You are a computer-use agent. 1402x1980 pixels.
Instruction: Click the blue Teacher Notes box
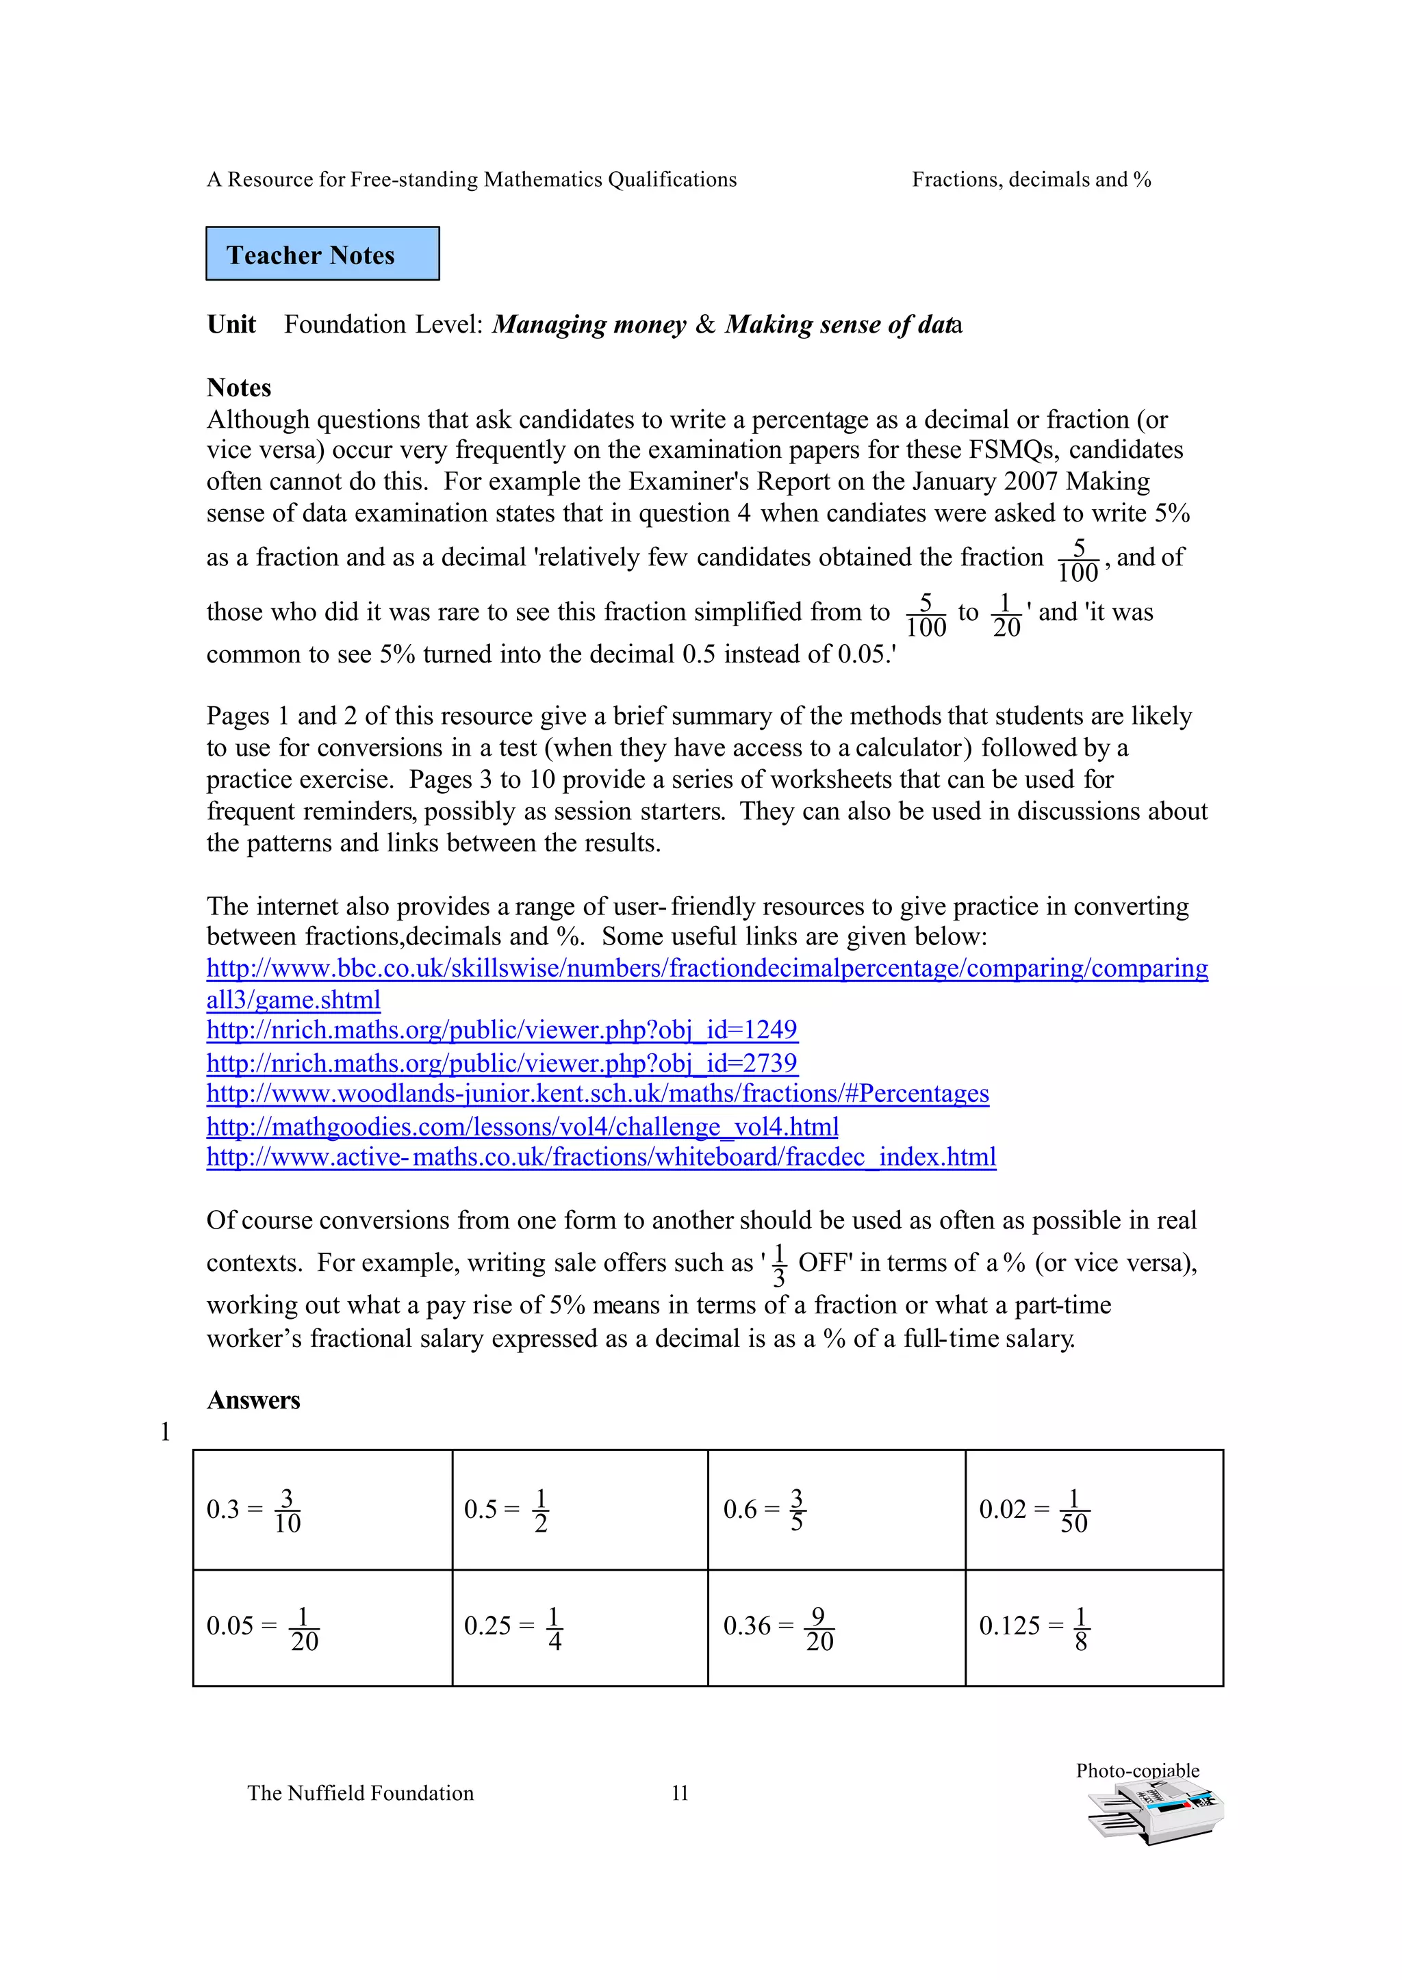[322, 254]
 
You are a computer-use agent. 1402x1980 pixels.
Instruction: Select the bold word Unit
[231, 324]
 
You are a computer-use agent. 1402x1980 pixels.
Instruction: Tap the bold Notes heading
[239, 387]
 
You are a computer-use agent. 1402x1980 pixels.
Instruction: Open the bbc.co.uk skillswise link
[706, 968]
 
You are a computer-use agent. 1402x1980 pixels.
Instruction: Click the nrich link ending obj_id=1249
[502, 1030]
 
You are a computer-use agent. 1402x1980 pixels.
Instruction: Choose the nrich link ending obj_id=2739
[502, 1062]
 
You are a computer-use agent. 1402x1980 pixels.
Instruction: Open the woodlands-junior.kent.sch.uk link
[598, 1094]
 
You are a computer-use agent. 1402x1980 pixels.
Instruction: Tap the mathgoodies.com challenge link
[522, 1127]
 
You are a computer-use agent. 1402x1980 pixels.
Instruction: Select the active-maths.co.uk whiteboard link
[601, 1157]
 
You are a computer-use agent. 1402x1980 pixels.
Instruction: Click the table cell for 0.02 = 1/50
[1093, 1510]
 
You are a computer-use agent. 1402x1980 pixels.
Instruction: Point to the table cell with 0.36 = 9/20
[836, 1627]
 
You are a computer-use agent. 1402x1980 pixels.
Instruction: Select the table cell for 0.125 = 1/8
[1093, 1627]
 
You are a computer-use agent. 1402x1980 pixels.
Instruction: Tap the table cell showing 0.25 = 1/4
[579, 1627]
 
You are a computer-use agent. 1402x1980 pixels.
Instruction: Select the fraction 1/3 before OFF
[778, 1265]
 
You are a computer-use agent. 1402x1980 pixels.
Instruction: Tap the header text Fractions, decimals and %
[1031, 179]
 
